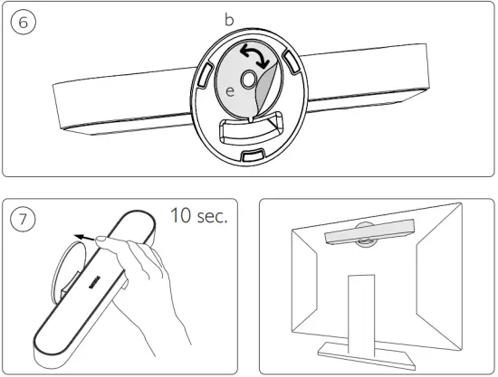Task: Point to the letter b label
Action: (x=229, y=18)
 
